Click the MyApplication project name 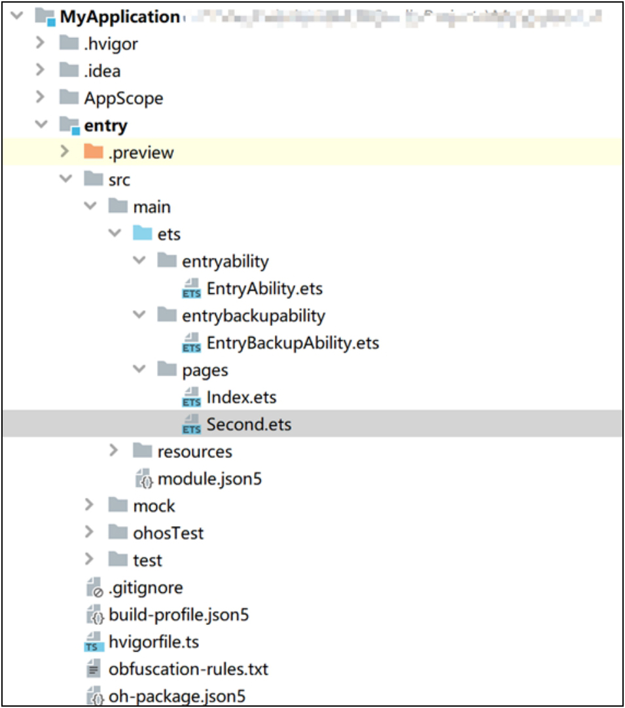(119, 17)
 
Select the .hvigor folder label (111, 44)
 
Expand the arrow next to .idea (41, 71)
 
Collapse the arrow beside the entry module (41, 125)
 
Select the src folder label (119, 180)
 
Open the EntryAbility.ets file (264, 289)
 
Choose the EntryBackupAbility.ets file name (293, 343)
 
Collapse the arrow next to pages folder (139, 370)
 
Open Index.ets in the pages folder (241, 397)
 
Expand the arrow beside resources (114, 451)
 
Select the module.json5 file (209, 479)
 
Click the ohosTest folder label (168, 533)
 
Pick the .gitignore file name (145, 588)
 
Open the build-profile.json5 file (179, 615)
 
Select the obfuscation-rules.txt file (188, 669)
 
